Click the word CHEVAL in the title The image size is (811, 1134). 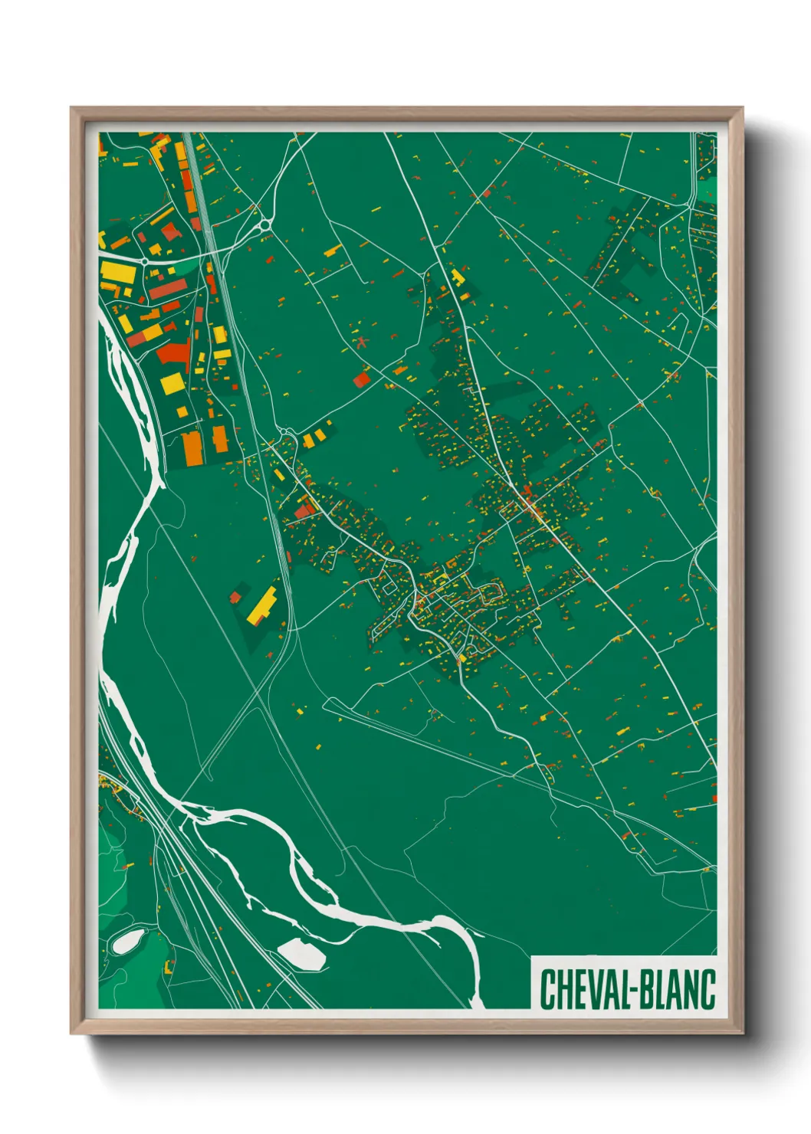(583, 989)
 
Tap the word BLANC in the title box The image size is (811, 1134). (677, 989)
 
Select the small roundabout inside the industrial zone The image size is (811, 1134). (144, 261)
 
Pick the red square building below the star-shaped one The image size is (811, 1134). (361, 379)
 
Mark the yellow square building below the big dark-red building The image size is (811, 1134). (172, 382)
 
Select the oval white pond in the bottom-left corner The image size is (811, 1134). (126, 941)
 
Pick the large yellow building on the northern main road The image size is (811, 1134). (457, 277)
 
